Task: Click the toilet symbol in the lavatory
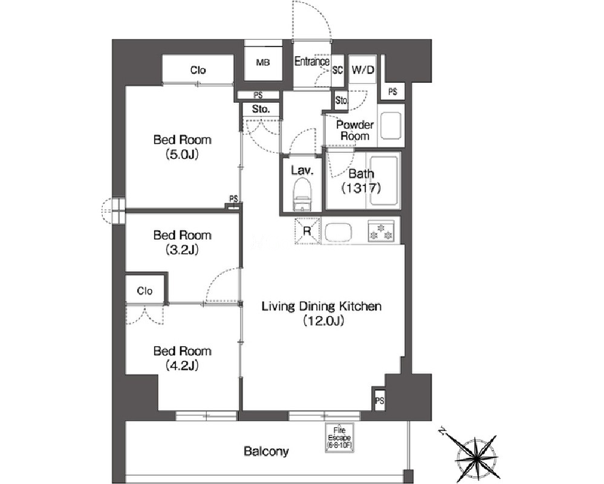[x=302, y=196]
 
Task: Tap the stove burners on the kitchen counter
[x=380, y=231]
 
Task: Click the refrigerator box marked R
[x=307, y=231]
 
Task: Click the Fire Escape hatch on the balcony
[x=339, y=438]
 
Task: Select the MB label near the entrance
[x=263, y=62]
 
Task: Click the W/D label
[x=363, y=69]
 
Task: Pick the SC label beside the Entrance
[x=337, y=70]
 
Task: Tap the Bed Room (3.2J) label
[x=182, y=242]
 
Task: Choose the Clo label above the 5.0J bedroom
[x=198, y=70]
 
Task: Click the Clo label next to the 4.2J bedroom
[x=145, y=291]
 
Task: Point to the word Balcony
[x=266, y=451]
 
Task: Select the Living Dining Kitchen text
[x=322, y=306]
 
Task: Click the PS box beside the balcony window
[x=380, y=401]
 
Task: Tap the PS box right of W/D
[x=392, y=92]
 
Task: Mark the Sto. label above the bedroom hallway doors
[x=261, y=109]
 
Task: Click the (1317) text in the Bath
[x=361, y=188]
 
